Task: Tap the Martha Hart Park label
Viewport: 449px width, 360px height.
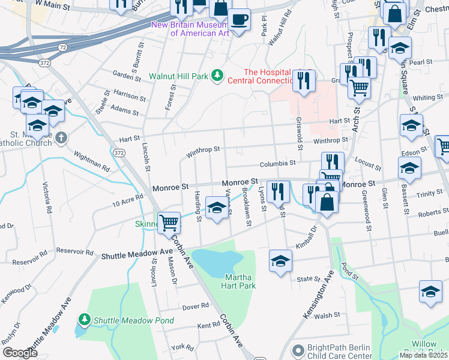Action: tap(240, 281)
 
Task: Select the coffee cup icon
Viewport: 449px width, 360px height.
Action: tap(240, 19)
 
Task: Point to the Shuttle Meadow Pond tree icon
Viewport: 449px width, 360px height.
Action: tap(85, 319)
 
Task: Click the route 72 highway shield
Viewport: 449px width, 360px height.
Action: tap(62, 46)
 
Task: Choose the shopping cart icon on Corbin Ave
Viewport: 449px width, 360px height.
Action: tap(169, 223)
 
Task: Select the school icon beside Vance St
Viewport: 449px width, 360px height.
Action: tap(216, 208)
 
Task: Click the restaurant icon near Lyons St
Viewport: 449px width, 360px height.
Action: tap(277, 192)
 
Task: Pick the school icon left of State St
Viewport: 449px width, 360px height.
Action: tap(280, 261)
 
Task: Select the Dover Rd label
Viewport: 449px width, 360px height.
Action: tap(196, 305)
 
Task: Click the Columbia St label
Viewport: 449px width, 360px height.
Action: tap(277, 163)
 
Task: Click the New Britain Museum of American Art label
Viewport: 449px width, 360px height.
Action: tap(190, 29)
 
